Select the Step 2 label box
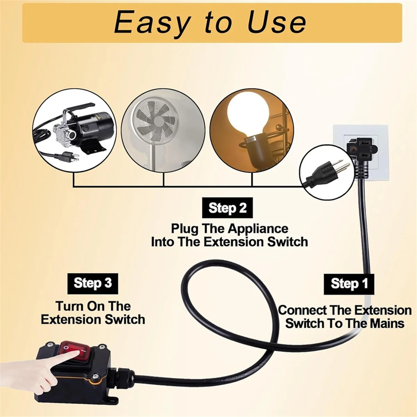coord(228,208)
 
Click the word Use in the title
coord(276,23)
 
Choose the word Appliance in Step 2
coord(258,229)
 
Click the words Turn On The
coord(93,306)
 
